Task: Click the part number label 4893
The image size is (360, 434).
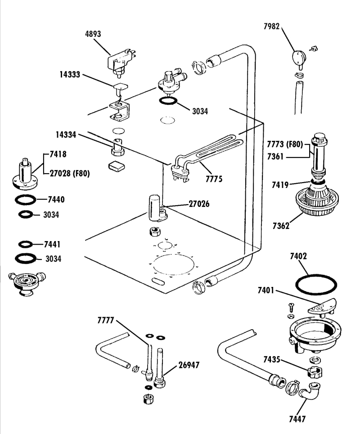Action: pyautogui.click(x=93, y=34)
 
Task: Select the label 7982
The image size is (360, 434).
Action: pyautogui.click(x=271, y=27)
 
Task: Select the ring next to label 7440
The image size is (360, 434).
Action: pyautogui.click(x=26, y=199)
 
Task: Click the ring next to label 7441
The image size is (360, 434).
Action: pyautogui.click(x=26, y=244)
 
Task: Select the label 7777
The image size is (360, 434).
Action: pyautogui.click(x=106, y=320)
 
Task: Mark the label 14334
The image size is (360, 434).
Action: pyautogui.click(x=66, y=134)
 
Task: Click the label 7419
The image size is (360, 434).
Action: pyautogui.click(x=280, y=184)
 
